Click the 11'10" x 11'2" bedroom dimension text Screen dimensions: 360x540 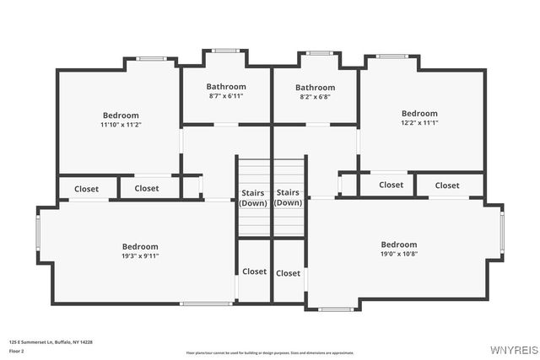121,125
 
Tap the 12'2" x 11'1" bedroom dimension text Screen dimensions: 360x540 419,123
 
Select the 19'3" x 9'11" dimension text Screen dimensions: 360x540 140,256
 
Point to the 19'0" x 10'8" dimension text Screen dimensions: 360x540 398,254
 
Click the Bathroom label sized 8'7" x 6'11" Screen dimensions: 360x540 226,97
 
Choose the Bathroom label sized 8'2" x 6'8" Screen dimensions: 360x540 315,97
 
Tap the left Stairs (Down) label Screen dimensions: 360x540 253,197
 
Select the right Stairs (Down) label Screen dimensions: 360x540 288,197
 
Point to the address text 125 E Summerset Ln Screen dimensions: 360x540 51,341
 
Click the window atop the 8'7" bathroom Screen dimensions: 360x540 226,51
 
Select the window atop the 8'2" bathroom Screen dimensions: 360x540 319,53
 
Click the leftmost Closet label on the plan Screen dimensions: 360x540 86,189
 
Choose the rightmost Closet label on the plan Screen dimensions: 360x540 447,185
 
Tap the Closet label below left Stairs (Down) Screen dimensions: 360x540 254,271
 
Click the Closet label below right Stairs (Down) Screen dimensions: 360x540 288,273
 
